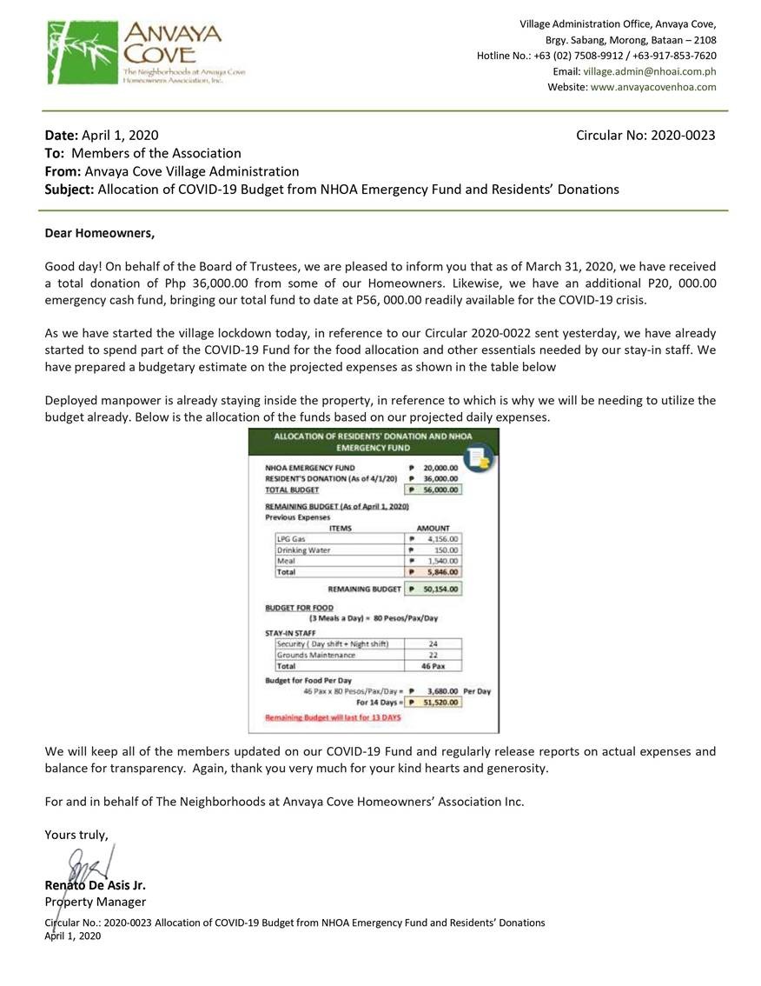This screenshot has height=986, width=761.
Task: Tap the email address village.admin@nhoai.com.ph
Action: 650,71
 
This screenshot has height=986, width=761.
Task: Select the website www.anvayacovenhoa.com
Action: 653,87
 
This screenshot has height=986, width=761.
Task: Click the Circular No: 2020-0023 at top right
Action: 645,136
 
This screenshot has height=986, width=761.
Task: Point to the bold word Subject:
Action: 69,190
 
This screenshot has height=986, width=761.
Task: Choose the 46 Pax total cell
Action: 433,666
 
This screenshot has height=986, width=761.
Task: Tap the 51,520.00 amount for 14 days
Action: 441,702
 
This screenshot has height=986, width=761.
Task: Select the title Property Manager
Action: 96,902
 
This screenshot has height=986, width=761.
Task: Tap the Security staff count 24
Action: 433,643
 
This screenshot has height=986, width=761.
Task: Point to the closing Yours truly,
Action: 76,835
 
